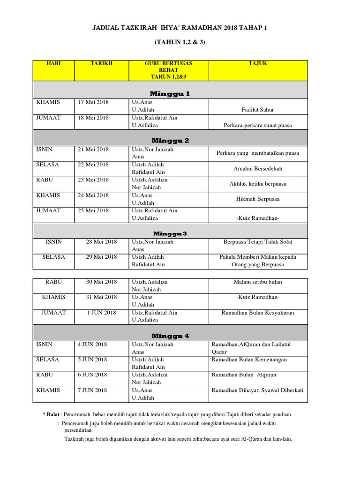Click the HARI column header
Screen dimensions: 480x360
tap(54, 63)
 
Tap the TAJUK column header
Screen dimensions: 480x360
tap(258, 63)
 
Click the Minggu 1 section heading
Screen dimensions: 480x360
tap(170, 94)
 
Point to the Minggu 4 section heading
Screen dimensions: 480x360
tap(170, 336)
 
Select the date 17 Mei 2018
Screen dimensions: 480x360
tap(93, 102)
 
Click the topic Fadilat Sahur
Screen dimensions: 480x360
tap(258, 110)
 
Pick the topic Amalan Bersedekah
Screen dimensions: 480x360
tap(258, 169)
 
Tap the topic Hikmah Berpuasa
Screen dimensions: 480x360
tap(258, 199)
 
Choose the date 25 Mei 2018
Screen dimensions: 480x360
tap(93, 210)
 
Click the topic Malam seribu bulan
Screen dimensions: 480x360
tap(258, 282)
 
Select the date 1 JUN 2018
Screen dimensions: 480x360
tap(101, 313)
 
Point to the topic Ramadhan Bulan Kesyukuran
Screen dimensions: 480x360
tap(258, 313)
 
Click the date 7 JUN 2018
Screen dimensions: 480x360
tap(92, 390)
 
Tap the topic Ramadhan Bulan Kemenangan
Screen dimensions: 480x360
tap(249, 360)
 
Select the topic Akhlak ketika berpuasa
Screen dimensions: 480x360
tap(258, 184)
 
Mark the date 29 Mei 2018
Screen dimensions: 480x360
tap(101, 257)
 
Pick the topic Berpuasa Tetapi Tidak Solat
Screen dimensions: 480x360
tap(258, 242)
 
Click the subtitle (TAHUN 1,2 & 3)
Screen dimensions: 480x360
tap(180, 43)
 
